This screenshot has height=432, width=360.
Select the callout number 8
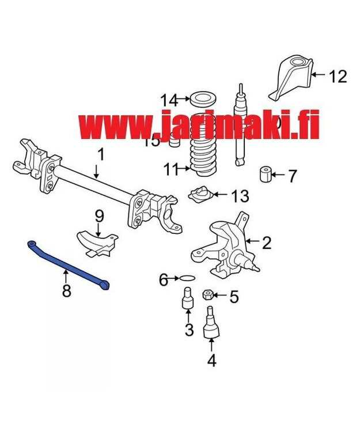pos(67,291)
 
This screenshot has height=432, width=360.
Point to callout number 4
pos(211,361)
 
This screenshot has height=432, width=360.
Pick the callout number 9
pos(99,217)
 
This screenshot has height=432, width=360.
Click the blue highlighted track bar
pos(68,264)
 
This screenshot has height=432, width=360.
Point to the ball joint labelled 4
pos(211,324)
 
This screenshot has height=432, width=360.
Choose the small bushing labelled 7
pos(266,174)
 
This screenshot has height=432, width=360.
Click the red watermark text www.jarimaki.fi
pos(199,126)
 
